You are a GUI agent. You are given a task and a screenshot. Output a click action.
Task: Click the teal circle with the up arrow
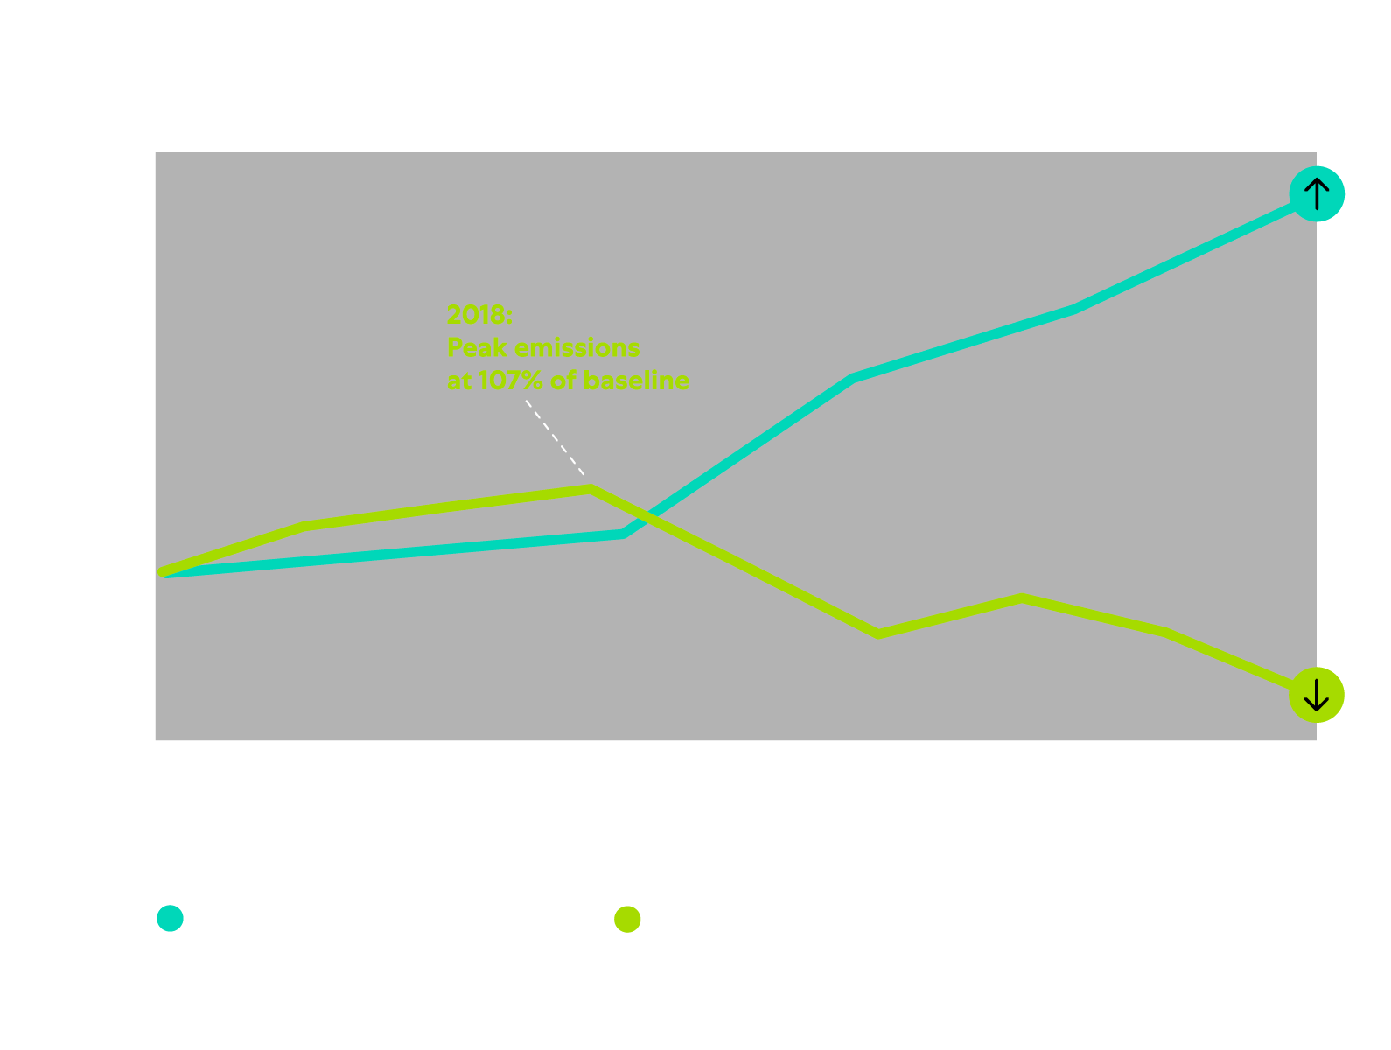tap(1316, 193)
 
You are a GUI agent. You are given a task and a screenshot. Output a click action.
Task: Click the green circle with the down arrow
tap(1316, 695)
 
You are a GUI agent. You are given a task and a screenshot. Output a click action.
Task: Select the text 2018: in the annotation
tap(479, 315)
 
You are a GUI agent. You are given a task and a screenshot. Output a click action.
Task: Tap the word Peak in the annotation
tap(477, 348)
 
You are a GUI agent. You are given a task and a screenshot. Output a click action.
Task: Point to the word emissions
tap(577, 348)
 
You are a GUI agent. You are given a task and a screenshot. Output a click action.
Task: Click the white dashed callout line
tap(555, 437)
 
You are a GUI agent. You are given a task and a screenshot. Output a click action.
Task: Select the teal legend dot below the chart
tap(170, 918)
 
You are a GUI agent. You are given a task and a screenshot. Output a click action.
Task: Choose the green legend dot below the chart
tap(627, 919)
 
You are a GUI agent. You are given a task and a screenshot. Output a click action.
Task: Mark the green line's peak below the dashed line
tap(591, 488)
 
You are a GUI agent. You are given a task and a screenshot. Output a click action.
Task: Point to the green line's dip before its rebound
tap(878, 633)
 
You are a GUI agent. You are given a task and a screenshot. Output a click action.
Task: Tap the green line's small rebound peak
tap(1022, 598)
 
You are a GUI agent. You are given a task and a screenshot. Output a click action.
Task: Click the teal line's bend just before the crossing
tap(623, 533)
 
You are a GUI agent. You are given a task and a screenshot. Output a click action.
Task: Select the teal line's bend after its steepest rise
tap(854, 378)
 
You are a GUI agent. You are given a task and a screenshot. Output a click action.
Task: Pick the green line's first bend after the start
tap(304, 526)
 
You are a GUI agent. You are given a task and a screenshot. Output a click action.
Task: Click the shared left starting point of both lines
tap(164, 572)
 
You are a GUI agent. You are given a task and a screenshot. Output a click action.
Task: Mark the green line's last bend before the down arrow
tap(1165, 632)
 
